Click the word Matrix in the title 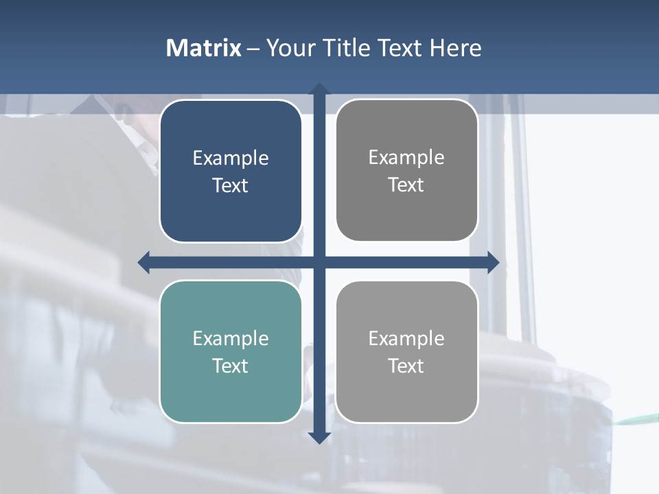[x=204, y=48]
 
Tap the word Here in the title [x=455, y=48]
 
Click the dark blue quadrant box [x=231, y=172]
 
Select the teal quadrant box [x=231, y=351]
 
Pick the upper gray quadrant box [x=406, y=171]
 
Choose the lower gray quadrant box [x=406, y=351]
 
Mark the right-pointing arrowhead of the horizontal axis [x=493, y=262]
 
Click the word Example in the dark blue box [x=231, y=158]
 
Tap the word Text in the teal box [x=231, y=366]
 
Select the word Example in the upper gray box [x=406, y=157]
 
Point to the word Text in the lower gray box [x=406, y=366]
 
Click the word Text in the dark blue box [x=231, y=185]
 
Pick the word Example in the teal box [x=231, y=338]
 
